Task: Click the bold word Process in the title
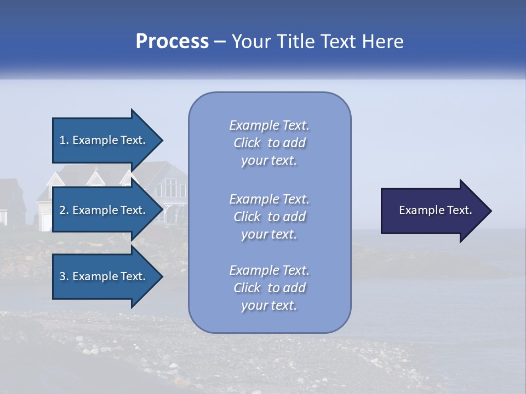point(172,42)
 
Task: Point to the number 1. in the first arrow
point(64,140)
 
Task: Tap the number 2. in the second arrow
point(64,210)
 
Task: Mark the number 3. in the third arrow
point(64,276)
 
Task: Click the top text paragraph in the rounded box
point(269,143)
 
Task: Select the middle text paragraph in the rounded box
point(269,217)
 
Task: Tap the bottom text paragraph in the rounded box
point(269,288)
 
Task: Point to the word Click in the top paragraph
point(247,143)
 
